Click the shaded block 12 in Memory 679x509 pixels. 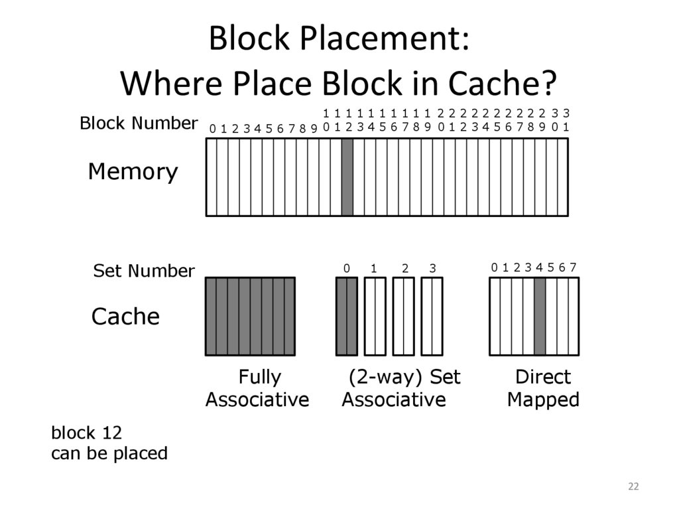click(347, 177)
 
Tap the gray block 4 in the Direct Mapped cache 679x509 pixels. click(539, 316)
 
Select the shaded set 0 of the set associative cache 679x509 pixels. click(347, 316)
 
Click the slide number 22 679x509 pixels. click(633, 487)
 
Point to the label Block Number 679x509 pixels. click(139, 123)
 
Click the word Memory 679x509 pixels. click(133, 173)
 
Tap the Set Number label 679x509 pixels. click(144, 271)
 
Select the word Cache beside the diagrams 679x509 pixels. click(125, 317)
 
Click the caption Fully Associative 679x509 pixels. click(257, 388)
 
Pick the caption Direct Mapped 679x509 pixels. click(543, 388)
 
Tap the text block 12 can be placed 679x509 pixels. click(109, 443)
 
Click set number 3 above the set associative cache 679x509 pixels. click(432, 268)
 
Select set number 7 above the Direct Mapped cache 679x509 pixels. click(573, 267)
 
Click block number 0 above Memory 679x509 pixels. click(212, 129)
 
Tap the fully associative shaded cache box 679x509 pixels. click(250, 316)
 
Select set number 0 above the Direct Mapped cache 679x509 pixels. click(494, 267)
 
